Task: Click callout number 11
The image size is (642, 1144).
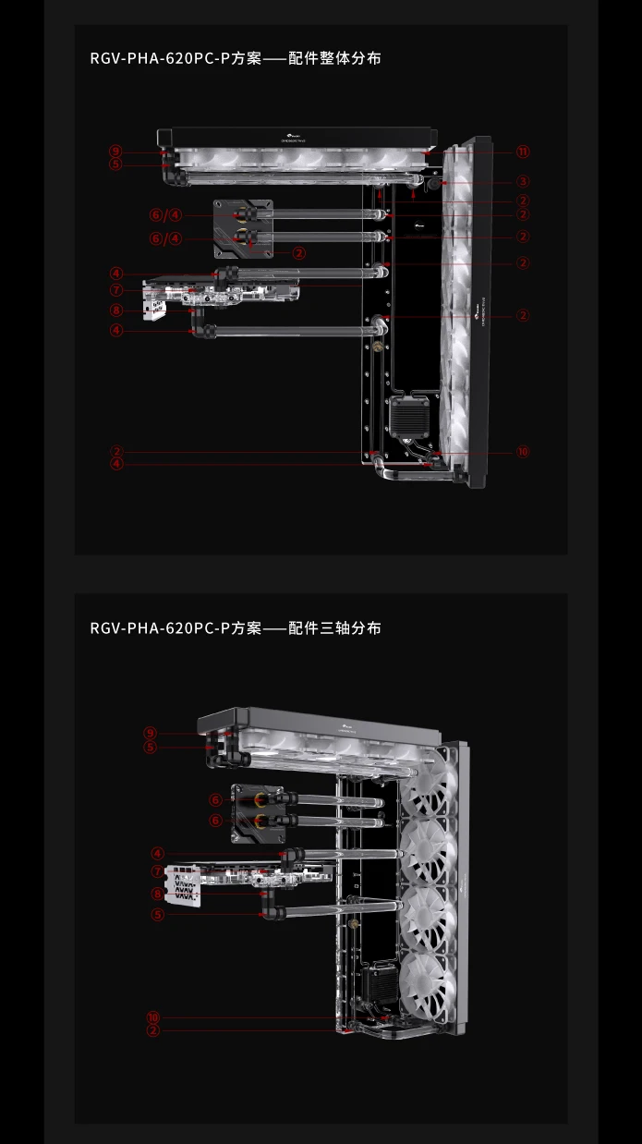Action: click(523, 152)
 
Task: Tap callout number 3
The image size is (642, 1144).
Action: click(523, 182)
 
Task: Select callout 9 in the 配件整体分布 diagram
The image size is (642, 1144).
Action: click(115, 152)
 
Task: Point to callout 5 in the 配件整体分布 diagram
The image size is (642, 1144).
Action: click(115, 164)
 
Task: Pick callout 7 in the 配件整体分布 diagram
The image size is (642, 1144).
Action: click(115, 291)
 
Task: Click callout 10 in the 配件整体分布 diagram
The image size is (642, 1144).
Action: click(523, 452)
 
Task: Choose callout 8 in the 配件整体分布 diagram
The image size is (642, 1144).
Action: click(115, 311)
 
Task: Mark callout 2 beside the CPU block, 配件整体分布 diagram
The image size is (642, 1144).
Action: click(298, 252)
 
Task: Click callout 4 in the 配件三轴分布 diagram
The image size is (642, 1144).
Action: click(158, 855)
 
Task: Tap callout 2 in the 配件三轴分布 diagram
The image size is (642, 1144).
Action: click(153, 1029)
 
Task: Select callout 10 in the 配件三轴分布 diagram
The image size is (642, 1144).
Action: click(153, 1017)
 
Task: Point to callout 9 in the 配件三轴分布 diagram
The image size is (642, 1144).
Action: click(151, 734)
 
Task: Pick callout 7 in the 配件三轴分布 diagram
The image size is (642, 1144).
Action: click(158, 871)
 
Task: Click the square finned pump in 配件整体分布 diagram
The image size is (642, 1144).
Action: click(408, 419)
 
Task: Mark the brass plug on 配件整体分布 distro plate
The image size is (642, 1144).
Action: click(376, 348)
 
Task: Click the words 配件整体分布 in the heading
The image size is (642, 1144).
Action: click(334, 58)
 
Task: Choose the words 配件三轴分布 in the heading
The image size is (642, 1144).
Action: click(334, 628)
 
